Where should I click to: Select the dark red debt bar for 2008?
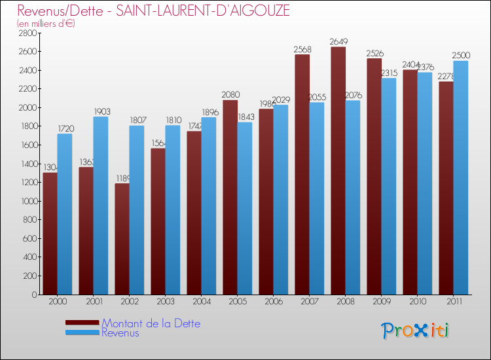pos(338,170)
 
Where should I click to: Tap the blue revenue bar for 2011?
pos(461,177)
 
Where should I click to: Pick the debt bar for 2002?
pos(122,239)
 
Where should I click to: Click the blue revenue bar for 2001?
pos(101,206)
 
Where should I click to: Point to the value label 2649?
pos(338,42)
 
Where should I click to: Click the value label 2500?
pos(461,56)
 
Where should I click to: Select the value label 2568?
pos(302,50)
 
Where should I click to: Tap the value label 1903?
pos(101,112)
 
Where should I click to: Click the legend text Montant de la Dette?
pos(151,323)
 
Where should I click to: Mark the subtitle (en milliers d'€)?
pos(46,24)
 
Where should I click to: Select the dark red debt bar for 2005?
pos(230,197)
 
